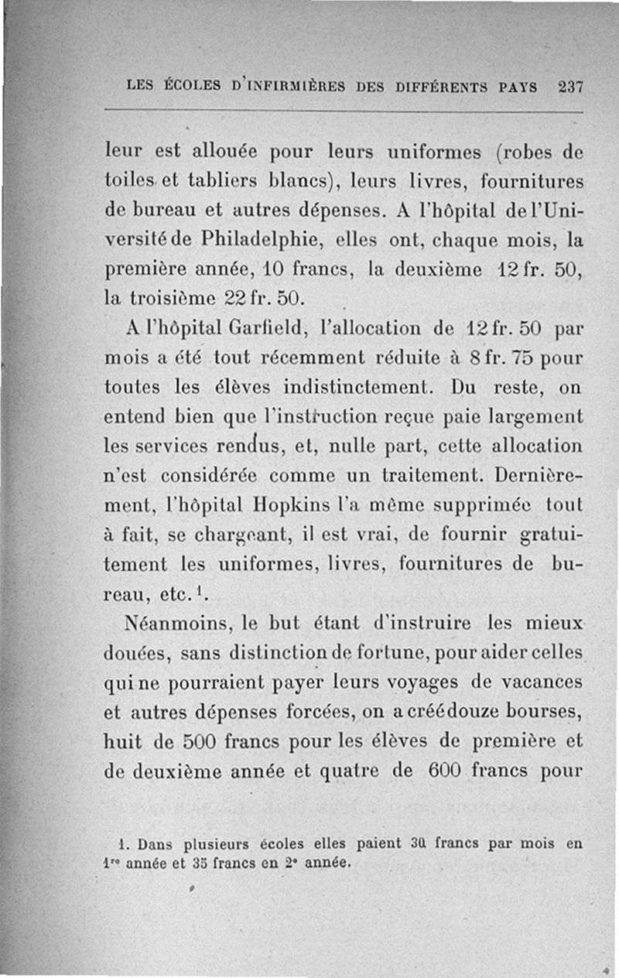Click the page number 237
[x=569, y=87]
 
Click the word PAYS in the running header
[x=518, y=87]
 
